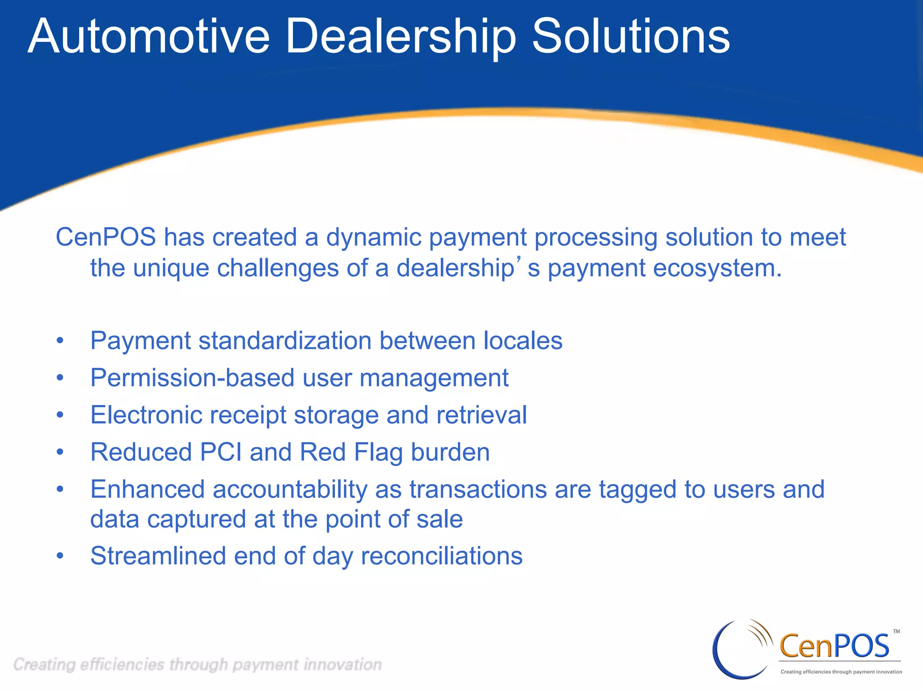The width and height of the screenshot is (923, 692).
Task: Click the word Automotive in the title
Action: click(x=149, y=37)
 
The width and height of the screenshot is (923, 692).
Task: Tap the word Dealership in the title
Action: click(x=400, y=37)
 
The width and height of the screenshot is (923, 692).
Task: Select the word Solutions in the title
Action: click(x=631, y=37)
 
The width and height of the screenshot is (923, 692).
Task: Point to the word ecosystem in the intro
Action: click(x=717, y=269)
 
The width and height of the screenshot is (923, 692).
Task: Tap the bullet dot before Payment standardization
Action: click(x=60, y=341)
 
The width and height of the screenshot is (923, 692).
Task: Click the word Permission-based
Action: click(x=192, y=378)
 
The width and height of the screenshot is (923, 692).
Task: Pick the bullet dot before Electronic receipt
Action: click(x=60, y=415)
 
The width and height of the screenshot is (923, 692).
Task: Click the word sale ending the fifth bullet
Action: click(x=439, y=519)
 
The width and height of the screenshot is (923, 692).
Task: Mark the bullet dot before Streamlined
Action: click(x=60, y=556)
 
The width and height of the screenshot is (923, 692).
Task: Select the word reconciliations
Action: click(x=442, y=556)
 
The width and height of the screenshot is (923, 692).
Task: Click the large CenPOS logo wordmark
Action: click(x=834, y=645)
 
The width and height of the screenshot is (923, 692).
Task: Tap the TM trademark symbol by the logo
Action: click(x=896, y=632)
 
